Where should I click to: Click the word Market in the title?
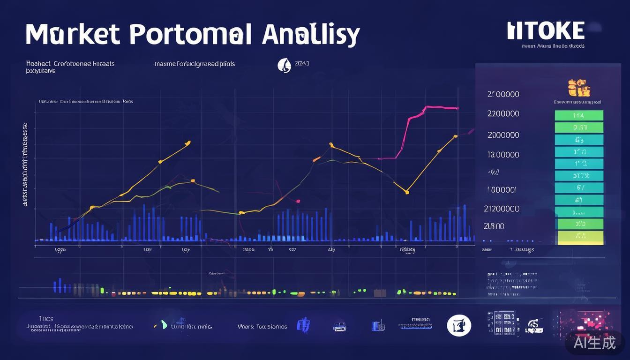[73, 34]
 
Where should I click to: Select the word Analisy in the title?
[311, 35]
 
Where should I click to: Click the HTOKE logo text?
[546, 31]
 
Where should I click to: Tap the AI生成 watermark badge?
[595, 343]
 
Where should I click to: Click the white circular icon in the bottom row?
[458, 325]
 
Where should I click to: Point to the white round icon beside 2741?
[284, 65]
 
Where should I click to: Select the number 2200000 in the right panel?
[503, 113]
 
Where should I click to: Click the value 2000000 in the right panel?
[503, 135]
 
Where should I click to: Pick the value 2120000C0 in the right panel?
[501, 209]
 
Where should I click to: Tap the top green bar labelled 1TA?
[579, 115]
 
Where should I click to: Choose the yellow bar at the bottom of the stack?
[580, 236]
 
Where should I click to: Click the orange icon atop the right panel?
[578, 88]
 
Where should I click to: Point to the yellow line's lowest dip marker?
[407, 192]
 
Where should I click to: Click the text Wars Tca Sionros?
[262, 327]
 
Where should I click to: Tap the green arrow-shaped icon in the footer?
[162, 324]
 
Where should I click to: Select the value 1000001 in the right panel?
[501, 190]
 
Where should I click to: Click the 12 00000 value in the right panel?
[503, 155]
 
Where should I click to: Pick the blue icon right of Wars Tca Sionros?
[303, 325]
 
